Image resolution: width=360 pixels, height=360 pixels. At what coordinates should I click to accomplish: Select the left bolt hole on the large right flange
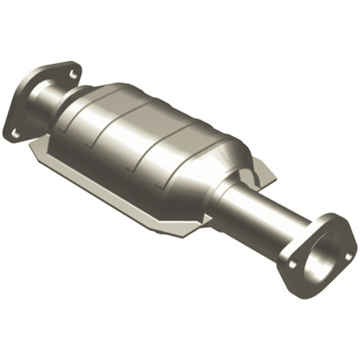[x=292, y=264]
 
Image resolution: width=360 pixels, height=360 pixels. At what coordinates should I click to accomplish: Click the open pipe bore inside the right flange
[x=322, y=257]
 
